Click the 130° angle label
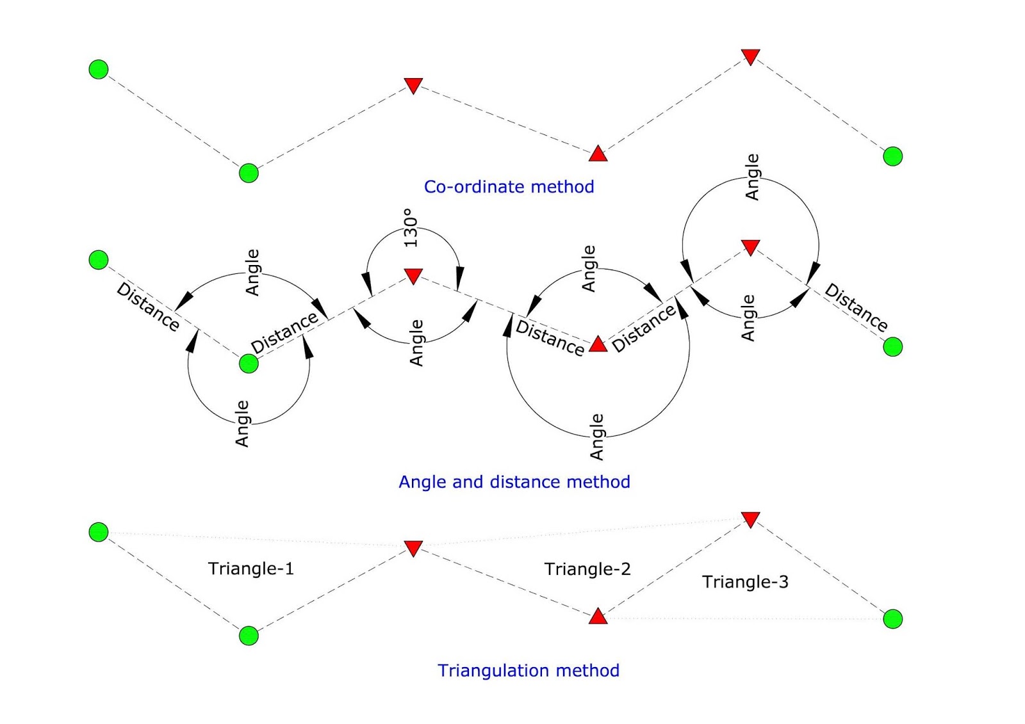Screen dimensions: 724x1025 coord(411,228)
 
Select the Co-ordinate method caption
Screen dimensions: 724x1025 coord(509,186)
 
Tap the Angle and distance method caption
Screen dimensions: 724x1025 coord(514,481)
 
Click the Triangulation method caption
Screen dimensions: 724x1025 coord(528,670)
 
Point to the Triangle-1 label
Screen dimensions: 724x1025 coord(250,568)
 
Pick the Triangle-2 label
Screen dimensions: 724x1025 coord(587,569)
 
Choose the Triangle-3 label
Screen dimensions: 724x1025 coord(744,582)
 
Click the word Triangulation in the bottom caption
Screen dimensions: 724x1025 coord(485,670)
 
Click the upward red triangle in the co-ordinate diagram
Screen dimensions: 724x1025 coord(598,154)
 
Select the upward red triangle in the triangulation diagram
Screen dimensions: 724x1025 coord(598,616)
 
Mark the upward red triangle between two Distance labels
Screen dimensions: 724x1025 coord(598,344)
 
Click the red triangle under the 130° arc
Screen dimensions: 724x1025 coord(413,275)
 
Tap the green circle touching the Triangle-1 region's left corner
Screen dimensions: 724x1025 coord(99,532)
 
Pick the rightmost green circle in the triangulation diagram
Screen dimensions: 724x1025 coord(892,619)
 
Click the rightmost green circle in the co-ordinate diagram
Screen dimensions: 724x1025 coord(892,156)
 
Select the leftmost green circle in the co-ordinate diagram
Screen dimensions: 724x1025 coord(99,69)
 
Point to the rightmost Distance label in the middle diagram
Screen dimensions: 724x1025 coord(856,307)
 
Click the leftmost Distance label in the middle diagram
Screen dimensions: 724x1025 coord(148,307)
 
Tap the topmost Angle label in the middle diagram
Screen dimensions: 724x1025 coord(753,177)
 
